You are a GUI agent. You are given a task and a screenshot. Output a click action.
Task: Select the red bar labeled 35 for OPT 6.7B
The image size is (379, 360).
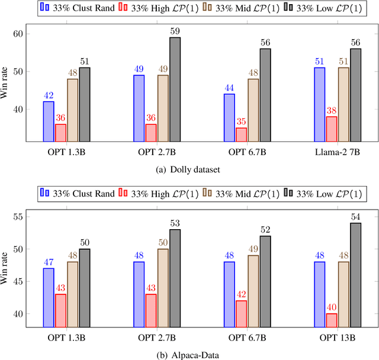[x=242, y=134]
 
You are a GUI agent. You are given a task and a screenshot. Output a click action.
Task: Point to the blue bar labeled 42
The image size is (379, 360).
[x=49, y=121]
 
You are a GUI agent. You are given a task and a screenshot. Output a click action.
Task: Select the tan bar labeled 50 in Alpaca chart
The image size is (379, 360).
[x=162, y=287]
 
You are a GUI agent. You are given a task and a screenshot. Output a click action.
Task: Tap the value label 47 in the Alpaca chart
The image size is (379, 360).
[x=49, y=262]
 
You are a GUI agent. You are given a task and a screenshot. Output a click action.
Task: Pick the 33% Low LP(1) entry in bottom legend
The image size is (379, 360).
[x=327, y=193]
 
